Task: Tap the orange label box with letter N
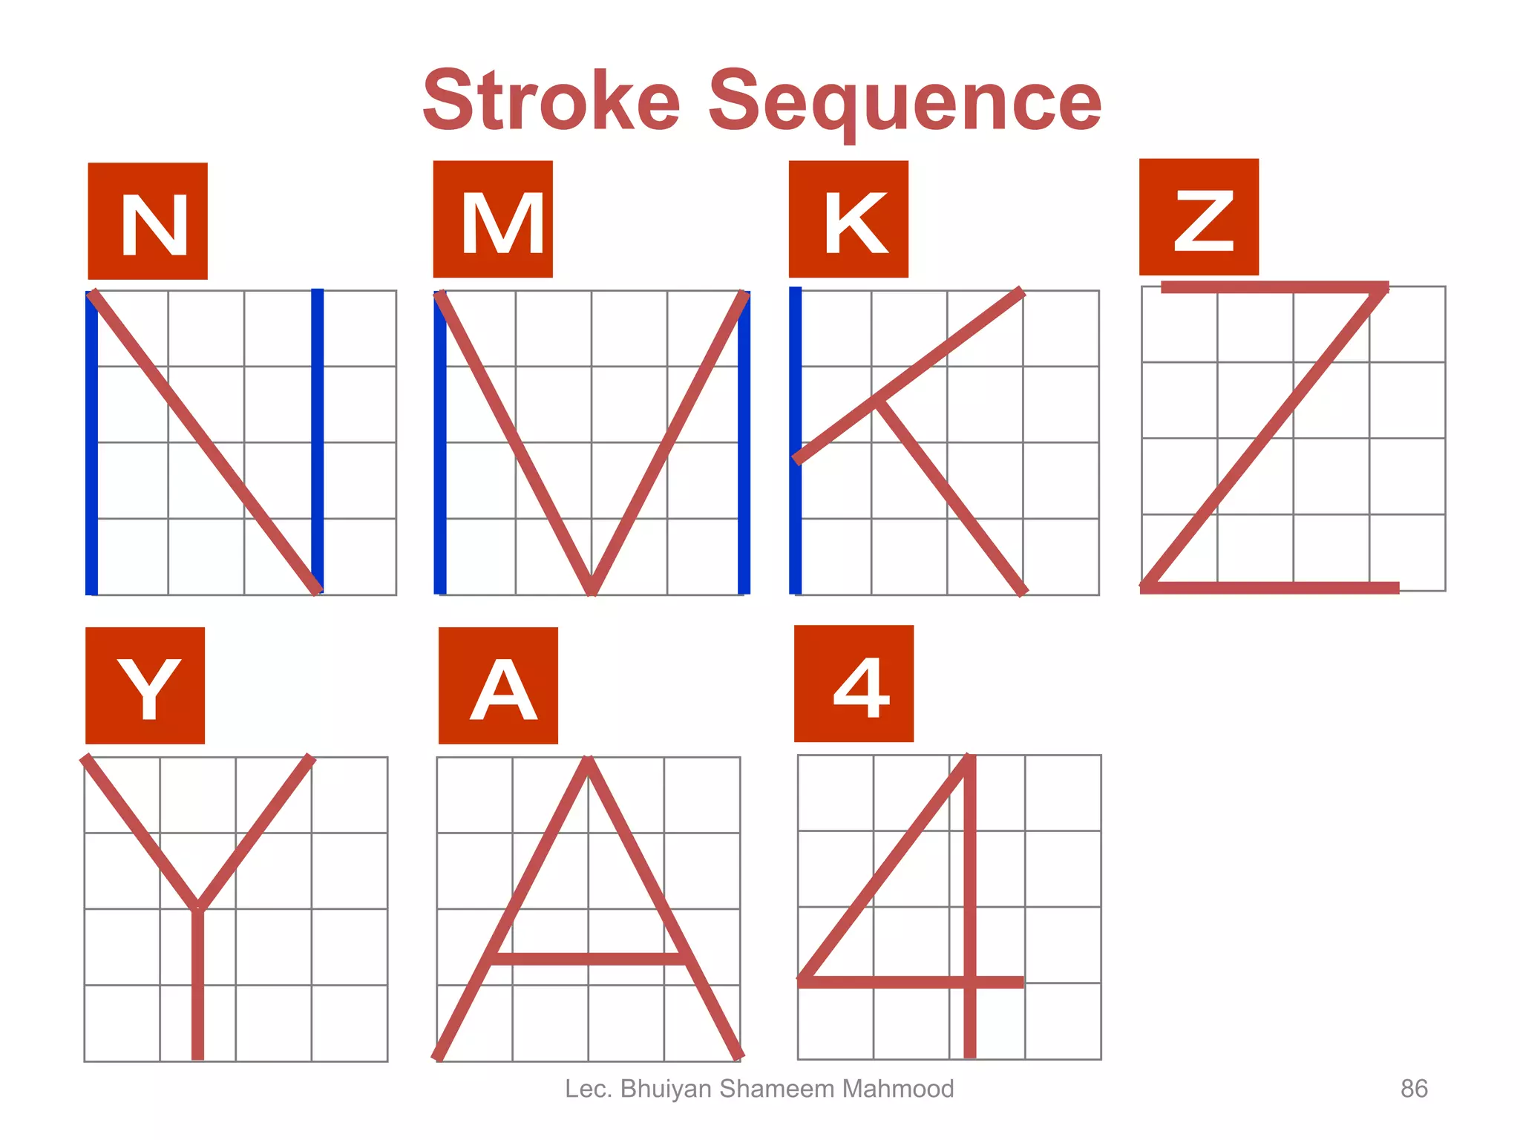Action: [148, 221]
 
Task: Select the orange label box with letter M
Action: [493, 220]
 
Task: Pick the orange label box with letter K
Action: [848, 219]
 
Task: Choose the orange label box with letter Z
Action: [1199, 217]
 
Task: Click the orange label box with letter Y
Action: [145, 685]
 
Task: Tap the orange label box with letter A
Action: [498, 685]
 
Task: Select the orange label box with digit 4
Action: [854, 684]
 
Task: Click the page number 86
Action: [1413, 1089]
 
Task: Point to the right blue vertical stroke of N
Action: [317, 441]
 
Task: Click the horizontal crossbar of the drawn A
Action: [588, 959]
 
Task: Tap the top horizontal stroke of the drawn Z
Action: [1274, 287]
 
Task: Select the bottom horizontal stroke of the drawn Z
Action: [1269, 588]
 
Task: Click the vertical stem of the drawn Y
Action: [197, 987]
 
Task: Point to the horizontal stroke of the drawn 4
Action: [911, 982]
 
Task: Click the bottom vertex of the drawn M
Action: [592, 590]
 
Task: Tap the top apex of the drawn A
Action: [588, 761]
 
